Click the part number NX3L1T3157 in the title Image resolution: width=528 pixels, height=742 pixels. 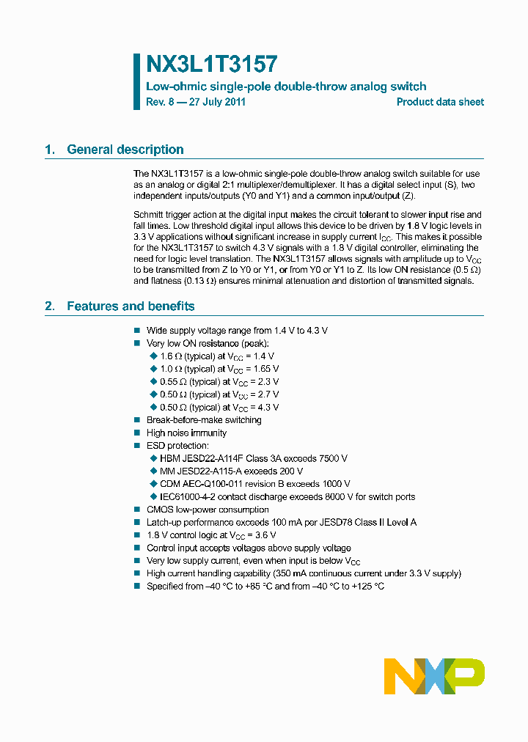pos(212,65)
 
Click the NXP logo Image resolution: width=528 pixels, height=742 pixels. pos(434,675)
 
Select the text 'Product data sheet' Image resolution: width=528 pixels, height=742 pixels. pos(440,102)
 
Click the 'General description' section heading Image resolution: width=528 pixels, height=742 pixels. pos(125,150)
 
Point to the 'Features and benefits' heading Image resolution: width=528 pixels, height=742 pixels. pos(130,306)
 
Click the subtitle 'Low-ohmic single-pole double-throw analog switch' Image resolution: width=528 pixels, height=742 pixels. pos(286,87)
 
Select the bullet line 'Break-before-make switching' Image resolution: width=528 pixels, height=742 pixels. pos(204,420)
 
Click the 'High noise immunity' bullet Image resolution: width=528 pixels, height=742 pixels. pos(186,433)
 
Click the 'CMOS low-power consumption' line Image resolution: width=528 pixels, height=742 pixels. pos(208,510)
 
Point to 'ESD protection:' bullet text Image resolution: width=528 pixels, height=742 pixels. pos(177,446)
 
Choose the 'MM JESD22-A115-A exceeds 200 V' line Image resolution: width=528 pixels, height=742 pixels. pos(231,471)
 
